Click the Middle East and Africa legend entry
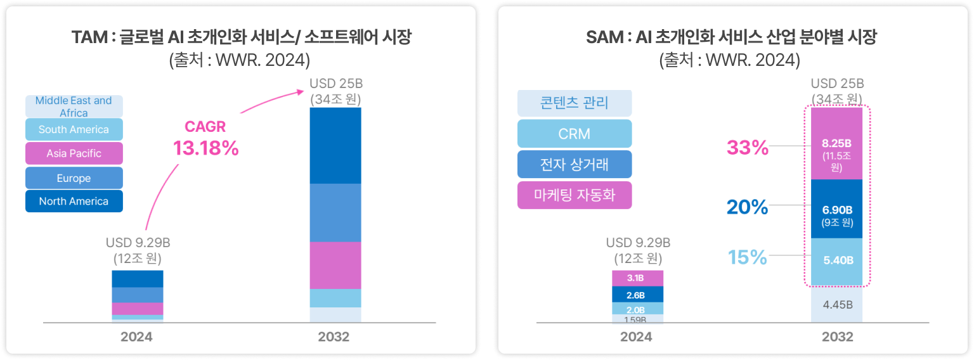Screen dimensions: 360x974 click(74, 106)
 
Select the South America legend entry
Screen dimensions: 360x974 click(74, 129)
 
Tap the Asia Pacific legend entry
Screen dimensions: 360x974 click(74, 153)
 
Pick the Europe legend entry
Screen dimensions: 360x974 click(74, 178)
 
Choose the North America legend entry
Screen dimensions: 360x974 click(74, 201)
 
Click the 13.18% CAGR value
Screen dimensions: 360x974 click(206, 148)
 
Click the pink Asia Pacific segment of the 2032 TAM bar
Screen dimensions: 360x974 click(335, 265)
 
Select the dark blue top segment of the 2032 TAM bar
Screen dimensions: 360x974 click(335, 145)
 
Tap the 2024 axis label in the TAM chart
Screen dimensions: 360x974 click(137, 337)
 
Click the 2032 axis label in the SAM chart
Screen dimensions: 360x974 click(837, 337)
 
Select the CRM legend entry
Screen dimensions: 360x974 click(575, 134)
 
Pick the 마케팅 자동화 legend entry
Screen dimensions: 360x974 click(575, 195)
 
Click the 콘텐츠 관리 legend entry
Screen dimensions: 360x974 click(575, 103)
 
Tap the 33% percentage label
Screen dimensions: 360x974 click(748, 148)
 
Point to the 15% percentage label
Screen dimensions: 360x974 click(748, 258)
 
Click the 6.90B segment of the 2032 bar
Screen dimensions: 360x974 click(837, 209)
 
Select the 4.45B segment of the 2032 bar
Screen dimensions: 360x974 click(837, 305)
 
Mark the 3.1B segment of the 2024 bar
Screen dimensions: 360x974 click(637, 278)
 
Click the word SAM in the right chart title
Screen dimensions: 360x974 click(604, 38)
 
